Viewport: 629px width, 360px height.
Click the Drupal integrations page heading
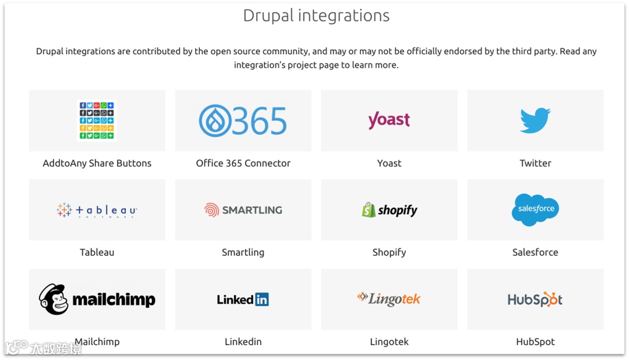coord(316,16)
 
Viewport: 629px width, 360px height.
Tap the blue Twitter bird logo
coord(535,121)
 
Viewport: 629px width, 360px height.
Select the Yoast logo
coord(389,120)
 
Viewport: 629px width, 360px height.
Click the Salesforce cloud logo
coord(535,209)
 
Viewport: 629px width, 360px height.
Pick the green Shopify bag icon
coord(369,210)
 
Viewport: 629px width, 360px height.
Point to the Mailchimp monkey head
coord(54,299)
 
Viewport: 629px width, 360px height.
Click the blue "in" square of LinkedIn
coord(262,299)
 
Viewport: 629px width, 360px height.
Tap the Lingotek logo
coord(389,299)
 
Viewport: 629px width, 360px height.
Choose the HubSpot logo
coord(535,299)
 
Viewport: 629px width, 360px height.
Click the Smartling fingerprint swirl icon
coord(211,210)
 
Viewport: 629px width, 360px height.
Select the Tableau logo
coord(97,210)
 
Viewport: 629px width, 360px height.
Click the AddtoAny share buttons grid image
coord(97,120)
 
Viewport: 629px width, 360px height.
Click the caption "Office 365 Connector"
coord(243,163)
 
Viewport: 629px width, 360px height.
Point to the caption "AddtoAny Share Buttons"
coord(97,163)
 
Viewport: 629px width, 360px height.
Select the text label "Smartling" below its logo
coord(243,252)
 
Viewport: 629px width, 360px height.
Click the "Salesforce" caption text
coord(535,252)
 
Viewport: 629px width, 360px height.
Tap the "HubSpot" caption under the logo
coord(535,342)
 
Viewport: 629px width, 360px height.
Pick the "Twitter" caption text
coord(535,163)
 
